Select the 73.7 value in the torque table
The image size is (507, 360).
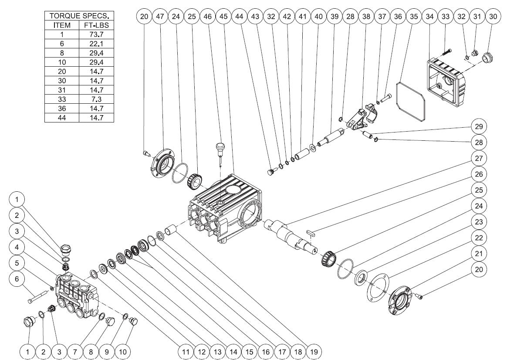96,34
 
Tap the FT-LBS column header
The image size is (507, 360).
96,25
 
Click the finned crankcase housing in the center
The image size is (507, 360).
226,205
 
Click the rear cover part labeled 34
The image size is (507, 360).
446,83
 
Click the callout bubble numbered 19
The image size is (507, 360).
314,350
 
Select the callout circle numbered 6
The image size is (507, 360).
17,279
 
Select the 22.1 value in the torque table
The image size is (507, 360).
96,44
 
